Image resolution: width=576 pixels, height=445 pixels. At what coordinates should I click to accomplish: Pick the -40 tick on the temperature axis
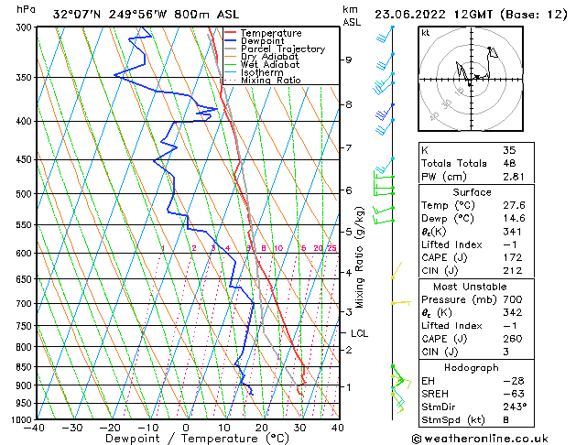click(x=35, y=428)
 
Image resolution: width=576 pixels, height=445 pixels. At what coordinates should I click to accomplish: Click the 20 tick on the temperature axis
click(x=262, y=428)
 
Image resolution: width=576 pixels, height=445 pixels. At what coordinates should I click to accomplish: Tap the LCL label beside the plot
click(x=359, y=333)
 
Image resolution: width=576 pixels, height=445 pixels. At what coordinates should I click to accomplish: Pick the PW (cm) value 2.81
click(x=513, y=177)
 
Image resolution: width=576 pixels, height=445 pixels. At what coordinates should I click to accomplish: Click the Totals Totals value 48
click(x=509, y=163)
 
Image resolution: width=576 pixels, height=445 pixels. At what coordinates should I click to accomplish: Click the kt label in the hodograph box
click(x=425, y=33)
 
